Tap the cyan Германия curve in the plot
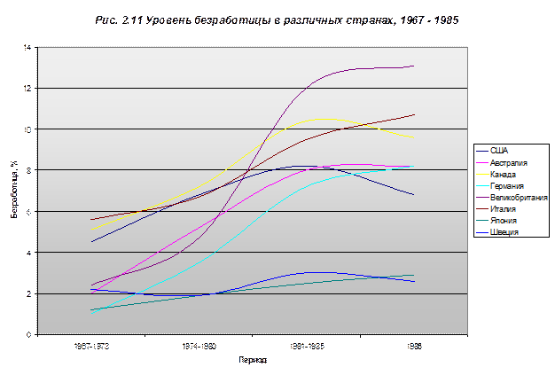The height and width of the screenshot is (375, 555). coord(266,214)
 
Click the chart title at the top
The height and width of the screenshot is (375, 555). coord(277,19)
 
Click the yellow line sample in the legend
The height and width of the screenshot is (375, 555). coord(487,175)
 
